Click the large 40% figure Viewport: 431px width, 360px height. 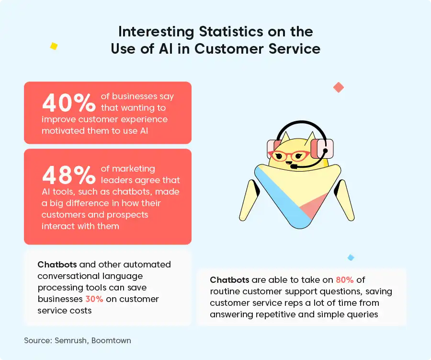(x=68, y=103)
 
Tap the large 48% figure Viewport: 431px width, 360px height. (x=68, y=175)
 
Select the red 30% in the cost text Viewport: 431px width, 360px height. (x=94, y=299)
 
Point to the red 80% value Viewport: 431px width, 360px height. (x=345, y=279)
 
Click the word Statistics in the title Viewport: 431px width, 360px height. (x=231, y=32)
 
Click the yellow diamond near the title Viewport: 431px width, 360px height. (x=54, y=46)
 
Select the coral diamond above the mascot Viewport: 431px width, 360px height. (x=339, y=88)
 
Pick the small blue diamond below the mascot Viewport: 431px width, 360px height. (x=351, y=257)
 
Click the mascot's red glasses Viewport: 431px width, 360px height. (x=289, y=155)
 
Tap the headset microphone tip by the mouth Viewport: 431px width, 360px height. (x=295, y=166)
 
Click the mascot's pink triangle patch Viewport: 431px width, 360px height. (x=313, y=206)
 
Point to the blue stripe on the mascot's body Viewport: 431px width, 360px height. (x=283, y=197)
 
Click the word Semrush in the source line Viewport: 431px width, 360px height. (x=71, y=340)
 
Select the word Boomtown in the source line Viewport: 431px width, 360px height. (x=111, y=340)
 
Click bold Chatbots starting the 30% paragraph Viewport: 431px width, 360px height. (x=57, y=265)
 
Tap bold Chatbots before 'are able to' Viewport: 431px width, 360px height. (x=229, y=279)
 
